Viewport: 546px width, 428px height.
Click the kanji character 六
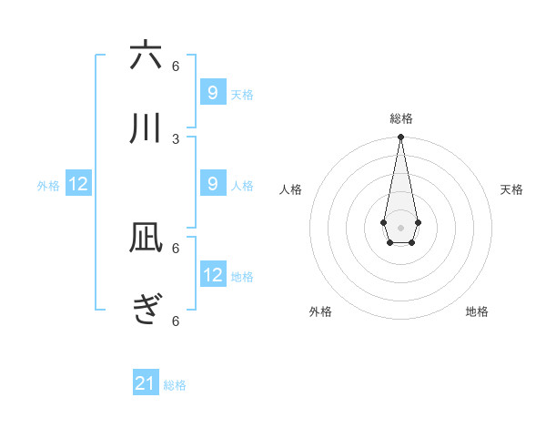tap(146, 56)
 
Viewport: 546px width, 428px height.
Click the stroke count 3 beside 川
tap(176, 138)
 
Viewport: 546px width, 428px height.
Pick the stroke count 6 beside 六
tap(176, 66)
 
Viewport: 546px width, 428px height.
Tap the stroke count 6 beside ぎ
tap(176, 321)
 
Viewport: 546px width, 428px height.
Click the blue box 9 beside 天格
tap(213, 92)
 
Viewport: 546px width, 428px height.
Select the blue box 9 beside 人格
tap(213, 184)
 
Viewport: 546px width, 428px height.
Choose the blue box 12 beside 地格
tap(213, 275)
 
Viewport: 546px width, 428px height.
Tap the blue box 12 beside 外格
tap(78, 184)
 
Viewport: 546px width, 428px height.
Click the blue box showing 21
tap(146, 383)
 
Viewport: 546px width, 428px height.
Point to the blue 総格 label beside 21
tap(175, 385)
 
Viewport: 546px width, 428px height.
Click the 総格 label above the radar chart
tap(400, 118)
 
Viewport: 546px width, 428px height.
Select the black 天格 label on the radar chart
tap(511, 189)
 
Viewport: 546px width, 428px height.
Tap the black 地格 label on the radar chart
tap(477, 311)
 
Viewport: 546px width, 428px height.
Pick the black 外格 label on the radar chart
tap(320, 311)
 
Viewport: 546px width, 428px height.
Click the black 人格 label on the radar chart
tap(291, 189)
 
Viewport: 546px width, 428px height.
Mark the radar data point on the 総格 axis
tap(400, 138)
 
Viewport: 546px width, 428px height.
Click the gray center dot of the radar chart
tap(400, 227)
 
